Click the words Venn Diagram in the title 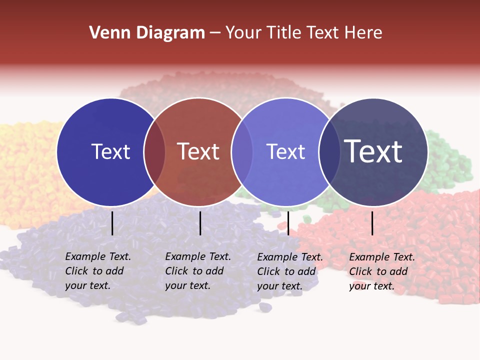coord(147,33)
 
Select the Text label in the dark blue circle coord(110,151)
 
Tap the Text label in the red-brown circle coord(198,151)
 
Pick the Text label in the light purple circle coord(285,151)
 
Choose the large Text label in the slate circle coord(373,151)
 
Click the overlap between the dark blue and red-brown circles coord(154,152)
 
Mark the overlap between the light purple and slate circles coord(329,152)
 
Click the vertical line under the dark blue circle coord(112,223)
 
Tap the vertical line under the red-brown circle coord(200,223)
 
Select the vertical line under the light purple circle coord(288,223)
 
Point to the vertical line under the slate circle coord(372,223)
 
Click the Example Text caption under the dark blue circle coord(97,271)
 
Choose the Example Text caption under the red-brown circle coord(197,271)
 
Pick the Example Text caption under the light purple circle coord(289,271)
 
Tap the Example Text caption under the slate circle coord(381,271)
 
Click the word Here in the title coord(366,33)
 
